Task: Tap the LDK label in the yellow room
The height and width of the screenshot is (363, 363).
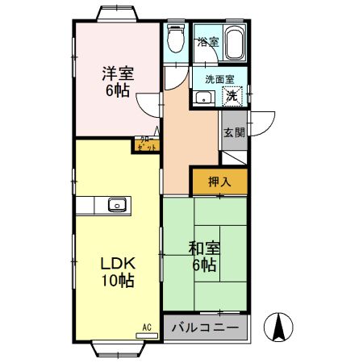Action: pyautogui.click(x=117, y=264)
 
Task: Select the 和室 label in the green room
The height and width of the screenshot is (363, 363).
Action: pyautogui.click(x=202, y=248)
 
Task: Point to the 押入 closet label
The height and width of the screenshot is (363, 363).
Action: pyautogui.click(x=219, y=181)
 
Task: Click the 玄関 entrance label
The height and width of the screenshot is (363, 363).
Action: pyautogui.click(x=234, y=133)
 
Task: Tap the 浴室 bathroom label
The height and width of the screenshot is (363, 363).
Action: pyautogui.click(x=207, y=41)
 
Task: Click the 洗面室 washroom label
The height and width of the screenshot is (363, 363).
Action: pyautogui.click(x=219, y=80)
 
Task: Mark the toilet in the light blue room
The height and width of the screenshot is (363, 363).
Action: pyautogui.click(x=175, y=38)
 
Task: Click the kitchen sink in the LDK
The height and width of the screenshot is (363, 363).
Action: pyautogui.click(x=118, y=205)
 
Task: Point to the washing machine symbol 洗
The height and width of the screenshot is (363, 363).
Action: pyautogui.click(x=232, y=97)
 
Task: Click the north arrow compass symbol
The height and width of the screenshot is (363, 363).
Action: pyautogui.click(x=279, y=326)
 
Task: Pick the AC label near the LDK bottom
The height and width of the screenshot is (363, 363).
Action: pyautogui.click(x=147, y=327)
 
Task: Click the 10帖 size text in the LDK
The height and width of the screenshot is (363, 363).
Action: pyautogui.click(x=117, y=282)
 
